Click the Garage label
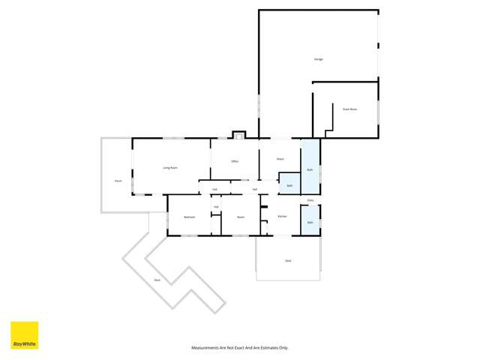318,58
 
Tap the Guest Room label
349,109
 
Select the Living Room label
170,167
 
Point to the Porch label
118,181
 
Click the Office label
235,161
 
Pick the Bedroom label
189,217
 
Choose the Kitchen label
282,216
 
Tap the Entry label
310,200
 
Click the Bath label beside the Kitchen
310,222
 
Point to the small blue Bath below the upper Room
289,184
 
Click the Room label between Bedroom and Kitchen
241,217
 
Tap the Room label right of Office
280,159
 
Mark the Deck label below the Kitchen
288,260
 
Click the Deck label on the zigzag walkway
157,280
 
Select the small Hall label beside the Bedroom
216,207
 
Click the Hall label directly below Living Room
214,189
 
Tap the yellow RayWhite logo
24,335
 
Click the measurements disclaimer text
240,348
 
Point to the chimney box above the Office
238,136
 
